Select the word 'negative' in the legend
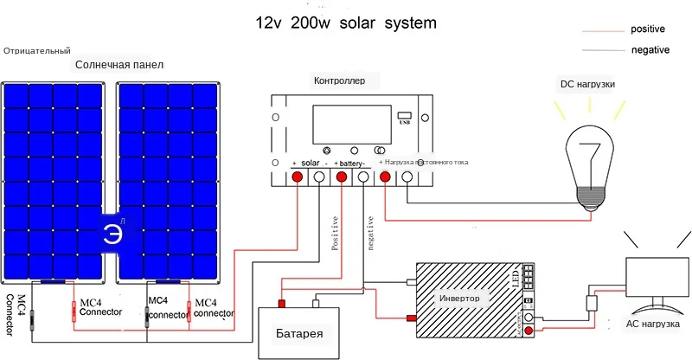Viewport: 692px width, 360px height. (651, 49)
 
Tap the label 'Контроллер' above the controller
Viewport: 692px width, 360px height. (346, 80)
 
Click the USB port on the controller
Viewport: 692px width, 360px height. (404, 115)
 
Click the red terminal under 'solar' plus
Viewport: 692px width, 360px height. (296, 178)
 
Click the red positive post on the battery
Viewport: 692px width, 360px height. (281, 303)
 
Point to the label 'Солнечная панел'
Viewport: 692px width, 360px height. (119, 65)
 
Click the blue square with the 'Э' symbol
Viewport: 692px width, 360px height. (113, 234)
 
